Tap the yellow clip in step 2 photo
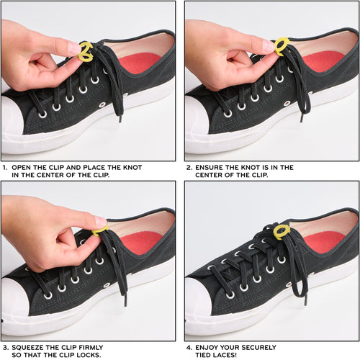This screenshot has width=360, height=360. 282,47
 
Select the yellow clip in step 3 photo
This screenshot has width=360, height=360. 100,230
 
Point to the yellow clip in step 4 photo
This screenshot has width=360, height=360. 282,231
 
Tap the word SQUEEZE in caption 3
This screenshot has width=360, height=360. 30,347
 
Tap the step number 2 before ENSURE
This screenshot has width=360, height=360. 189,168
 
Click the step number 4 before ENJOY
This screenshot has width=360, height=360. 189,347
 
